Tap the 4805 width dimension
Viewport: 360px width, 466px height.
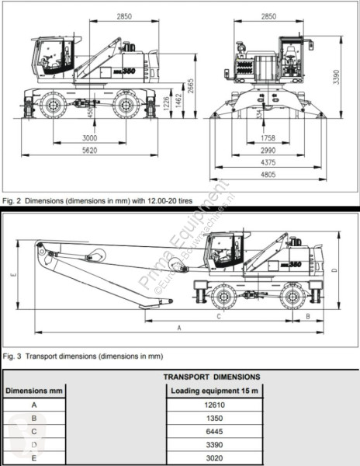[x=268, y=176]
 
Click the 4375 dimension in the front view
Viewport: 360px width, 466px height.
[x=268, y=162]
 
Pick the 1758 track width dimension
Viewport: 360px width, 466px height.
[x=268, y=137]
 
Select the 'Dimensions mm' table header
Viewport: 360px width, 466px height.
[x=33, y=391]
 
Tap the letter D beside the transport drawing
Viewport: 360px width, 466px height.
[x=333, y=270]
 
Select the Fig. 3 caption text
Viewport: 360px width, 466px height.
[x=83, y=356]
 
